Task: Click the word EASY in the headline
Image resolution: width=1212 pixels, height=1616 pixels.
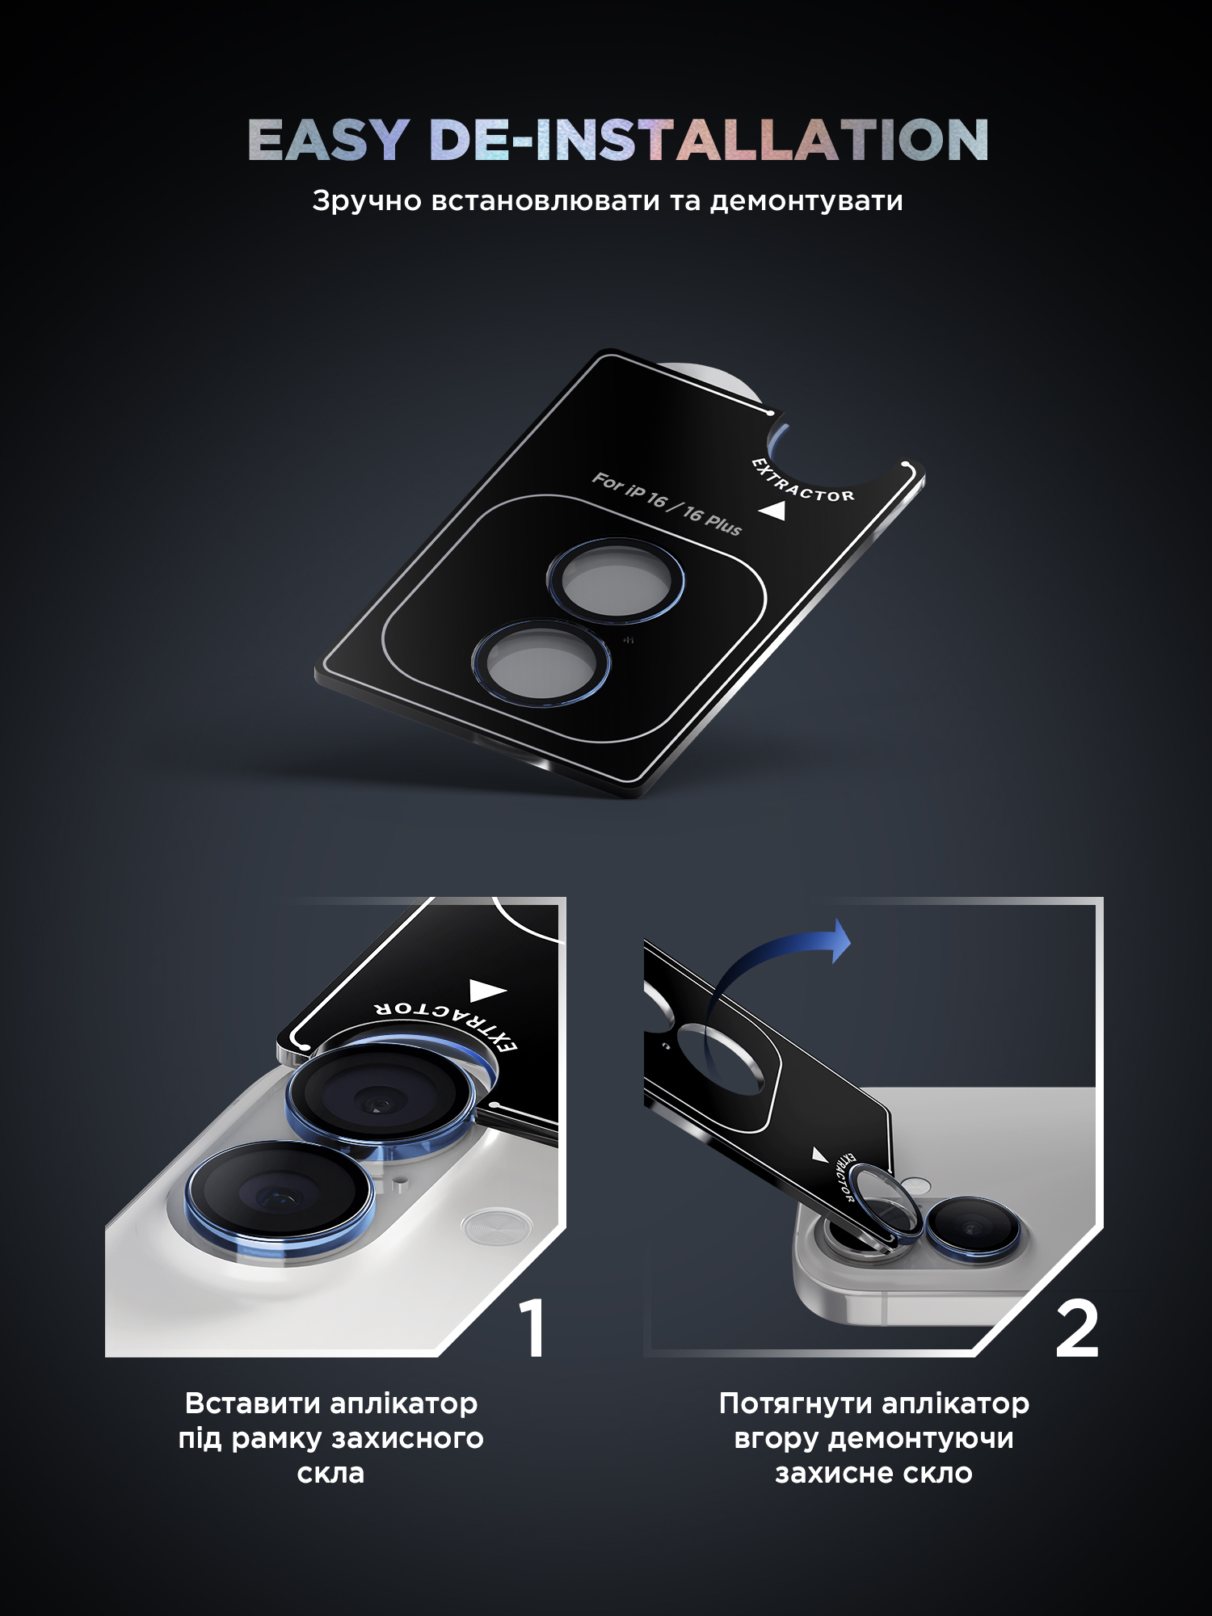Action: [327, 140]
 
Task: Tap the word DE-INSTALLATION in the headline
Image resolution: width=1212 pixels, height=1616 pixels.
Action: [709, 140]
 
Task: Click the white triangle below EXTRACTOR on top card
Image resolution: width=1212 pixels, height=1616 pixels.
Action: [773, 511]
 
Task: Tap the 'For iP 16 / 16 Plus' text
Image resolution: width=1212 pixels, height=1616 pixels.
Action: [667, 504]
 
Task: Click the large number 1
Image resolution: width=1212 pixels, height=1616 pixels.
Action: [532, 1328]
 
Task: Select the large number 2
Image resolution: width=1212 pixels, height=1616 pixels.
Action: [1077, 1328]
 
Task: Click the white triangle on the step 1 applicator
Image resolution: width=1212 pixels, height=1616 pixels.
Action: [487, 991]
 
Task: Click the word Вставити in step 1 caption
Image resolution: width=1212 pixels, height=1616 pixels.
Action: [252, 1403]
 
